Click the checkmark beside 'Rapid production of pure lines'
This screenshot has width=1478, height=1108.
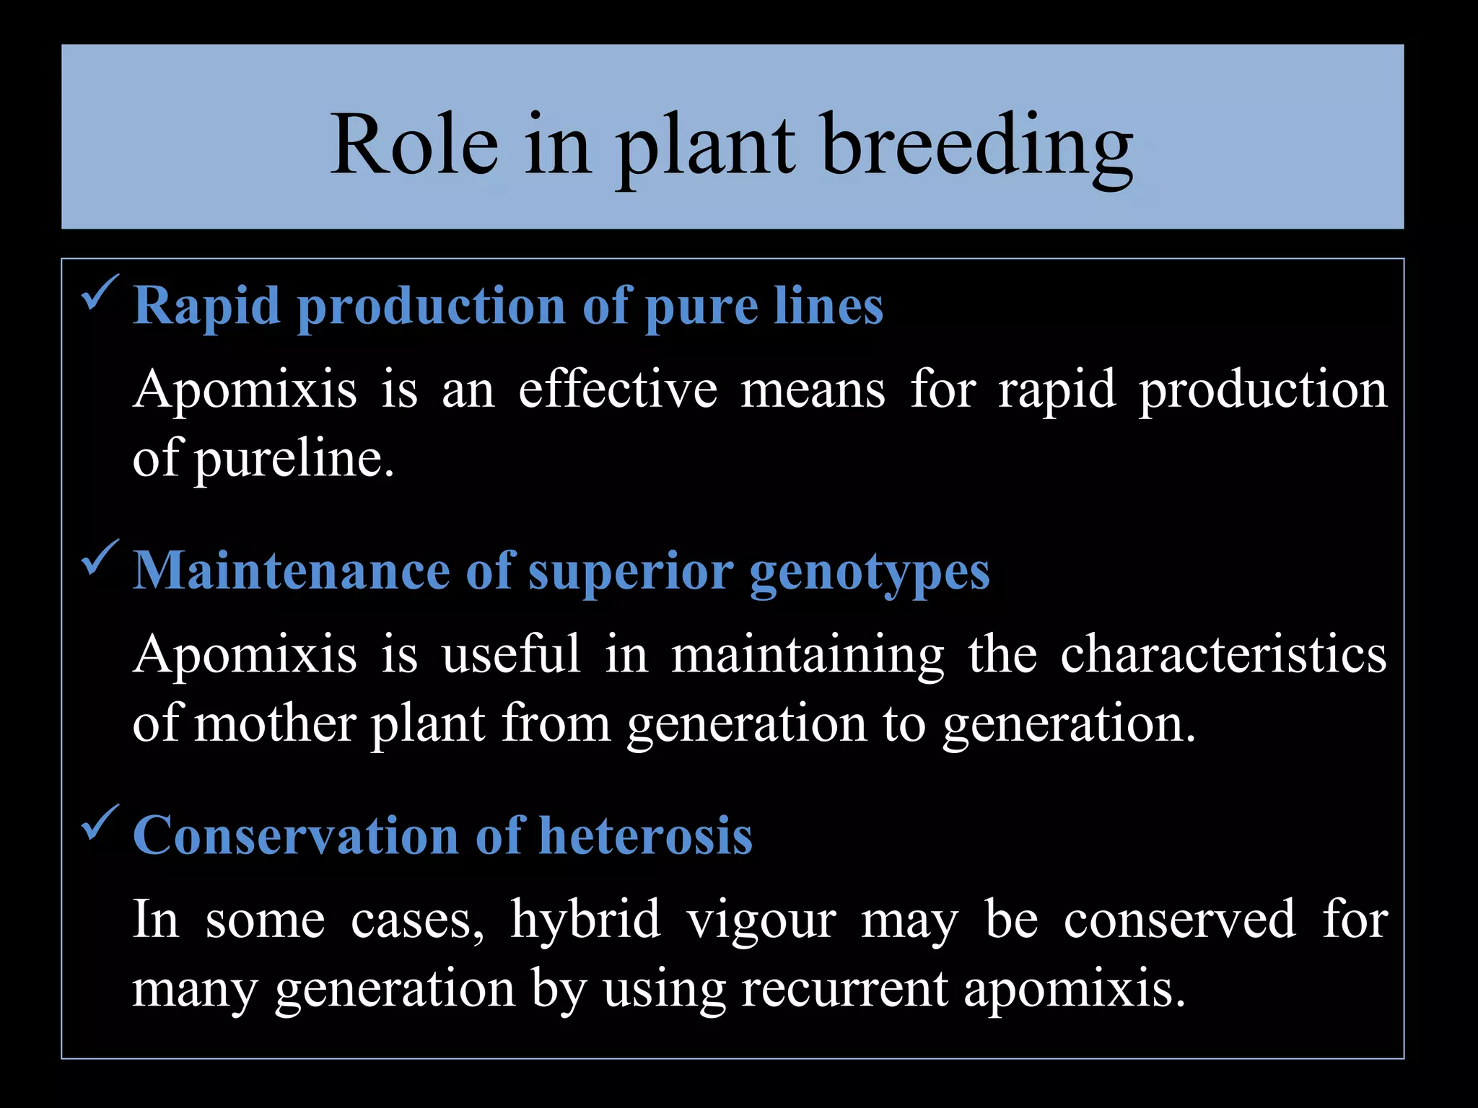tap(99, 292)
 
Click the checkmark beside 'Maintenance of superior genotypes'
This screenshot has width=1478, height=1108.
tap(99, 557)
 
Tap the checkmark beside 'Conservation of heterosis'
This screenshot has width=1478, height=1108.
tap(99, 822)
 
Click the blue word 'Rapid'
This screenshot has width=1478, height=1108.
tap(207, 307)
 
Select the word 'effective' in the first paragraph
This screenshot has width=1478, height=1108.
tap(618, 390)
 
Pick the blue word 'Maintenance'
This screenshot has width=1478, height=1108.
tap(292, 571)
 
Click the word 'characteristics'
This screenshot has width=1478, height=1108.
tap(1223, 654)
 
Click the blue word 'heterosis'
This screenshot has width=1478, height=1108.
tap(645, 837)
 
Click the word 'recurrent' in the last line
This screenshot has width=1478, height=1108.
tap(844, 989)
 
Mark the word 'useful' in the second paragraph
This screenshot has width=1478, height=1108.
tap(511, 654)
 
